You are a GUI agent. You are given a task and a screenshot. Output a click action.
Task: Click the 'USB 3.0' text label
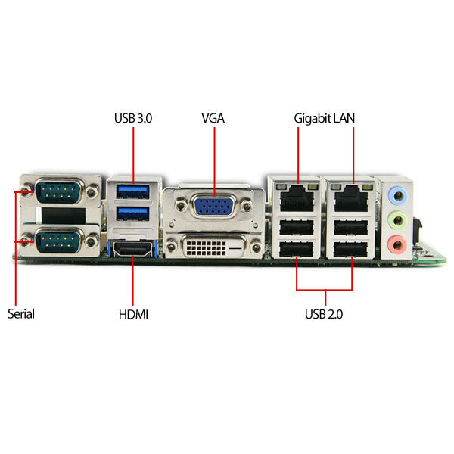[133, 118]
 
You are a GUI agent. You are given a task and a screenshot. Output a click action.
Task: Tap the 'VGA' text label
[213, 118]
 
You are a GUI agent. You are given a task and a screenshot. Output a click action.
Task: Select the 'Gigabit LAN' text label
[325, 119]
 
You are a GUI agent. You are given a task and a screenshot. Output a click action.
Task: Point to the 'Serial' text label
[21, 314]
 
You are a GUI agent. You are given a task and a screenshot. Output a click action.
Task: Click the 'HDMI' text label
[133, 315]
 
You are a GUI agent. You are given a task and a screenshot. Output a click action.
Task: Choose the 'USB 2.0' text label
[324, 314]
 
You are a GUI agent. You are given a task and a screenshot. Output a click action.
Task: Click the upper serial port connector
[59, 191]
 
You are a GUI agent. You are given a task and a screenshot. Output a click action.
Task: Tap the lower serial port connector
[59, 241]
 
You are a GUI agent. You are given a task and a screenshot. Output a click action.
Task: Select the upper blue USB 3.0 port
[133, 191]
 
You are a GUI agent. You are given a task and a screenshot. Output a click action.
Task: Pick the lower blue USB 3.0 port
[133, 213]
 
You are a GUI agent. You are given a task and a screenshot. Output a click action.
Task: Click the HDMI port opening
[132, 249]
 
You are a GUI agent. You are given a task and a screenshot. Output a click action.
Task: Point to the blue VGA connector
[214, 206]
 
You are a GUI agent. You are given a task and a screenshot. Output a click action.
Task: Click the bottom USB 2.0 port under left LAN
[297, 249]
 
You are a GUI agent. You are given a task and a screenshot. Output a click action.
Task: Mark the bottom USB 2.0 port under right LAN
[350, 249]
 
